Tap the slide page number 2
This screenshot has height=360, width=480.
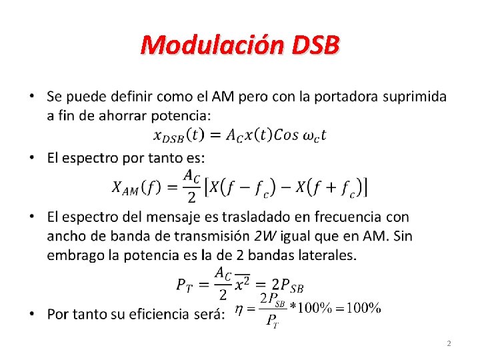click(x=449, y=343)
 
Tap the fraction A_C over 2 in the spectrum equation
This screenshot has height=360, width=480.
click(x=191, y=186)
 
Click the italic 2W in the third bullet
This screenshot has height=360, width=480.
click(x=265, y=236)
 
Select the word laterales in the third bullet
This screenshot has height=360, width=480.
click(x=329, y=255)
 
